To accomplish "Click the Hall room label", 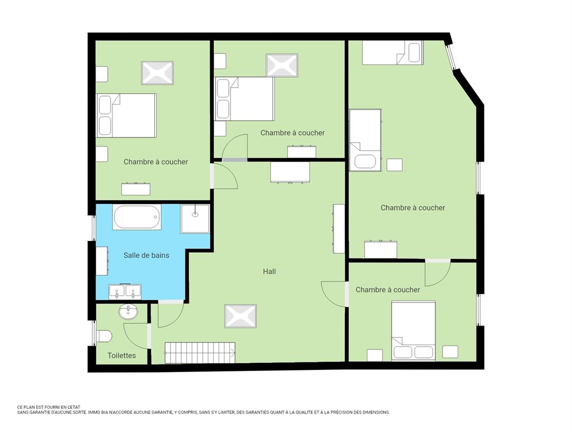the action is point(269,271).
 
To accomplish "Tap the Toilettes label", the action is point(121,355).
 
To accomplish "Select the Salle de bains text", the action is point(146,255).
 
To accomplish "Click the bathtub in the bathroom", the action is point(137,217).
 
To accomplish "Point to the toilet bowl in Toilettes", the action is point(104,336).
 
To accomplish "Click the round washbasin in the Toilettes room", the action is point(128,312).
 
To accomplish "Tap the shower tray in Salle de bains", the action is point(195,218).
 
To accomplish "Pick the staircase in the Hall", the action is point(200,353).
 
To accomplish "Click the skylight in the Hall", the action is point(240,316).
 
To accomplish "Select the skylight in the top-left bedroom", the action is point(157,73).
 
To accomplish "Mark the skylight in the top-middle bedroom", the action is point(282,65).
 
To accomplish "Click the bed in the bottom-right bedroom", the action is point(413,330).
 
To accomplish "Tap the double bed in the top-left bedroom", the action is point(126,116).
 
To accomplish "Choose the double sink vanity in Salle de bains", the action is point(125,292).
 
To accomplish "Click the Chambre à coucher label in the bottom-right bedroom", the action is point(388,289).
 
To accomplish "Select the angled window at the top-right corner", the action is point(452,57).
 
